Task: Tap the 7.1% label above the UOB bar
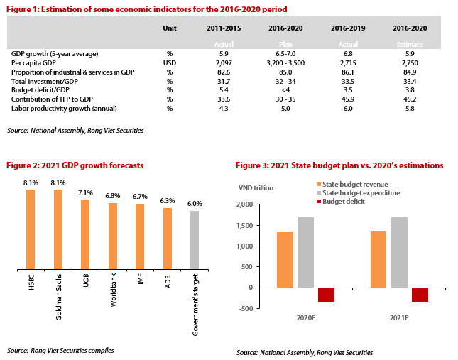point(85,192)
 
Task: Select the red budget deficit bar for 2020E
point(326,295)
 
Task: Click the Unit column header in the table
point(169,28)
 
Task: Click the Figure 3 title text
point(339,165)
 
